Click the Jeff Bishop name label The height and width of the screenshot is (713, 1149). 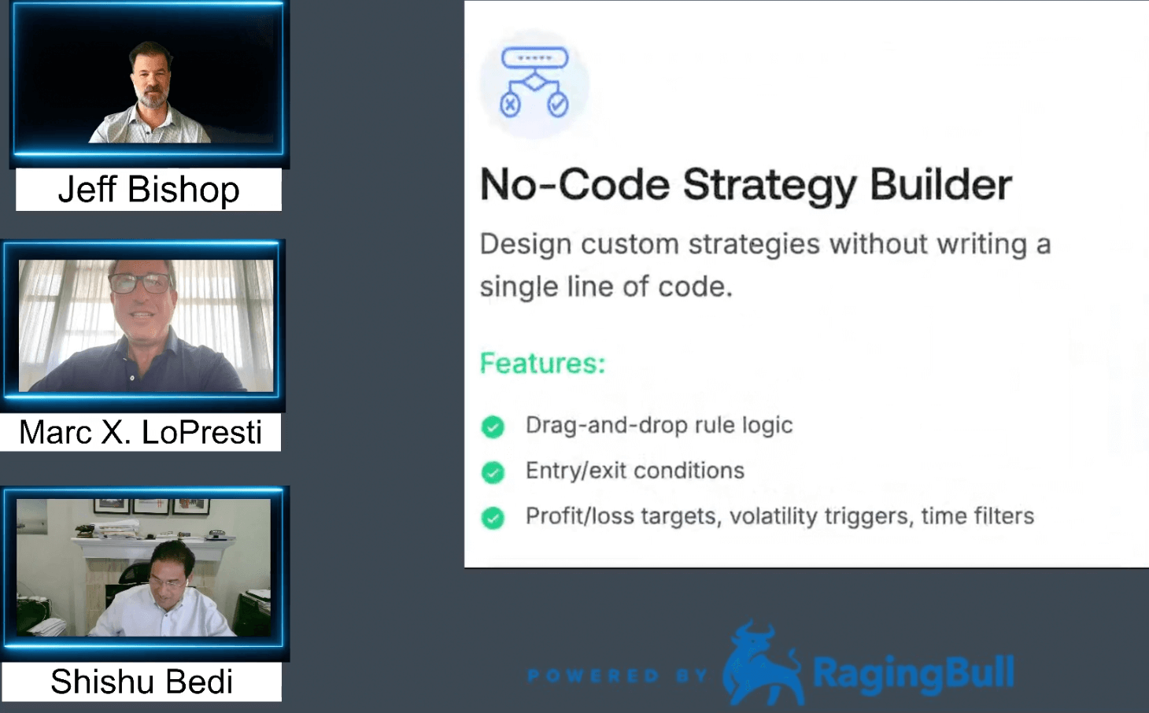pyautogui.click(x=149, y=190)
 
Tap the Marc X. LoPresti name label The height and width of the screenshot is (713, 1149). pyautogui.click(x=141, y=432)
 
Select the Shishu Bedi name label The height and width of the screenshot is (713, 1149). pyautogui.click(x=142, y=682)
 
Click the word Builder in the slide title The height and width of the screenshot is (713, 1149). pyautogui.click(x=940, y=185)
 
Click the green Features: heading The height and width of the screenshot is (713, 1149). pyautogui.click(x=543, y=363)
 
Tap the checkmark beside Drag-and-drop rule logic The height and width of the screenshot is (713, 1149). pyautogui.click(x=493, y=427)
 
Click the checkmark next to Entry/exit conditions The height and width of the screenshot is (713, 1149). pyautogui.click(x=493, y=472)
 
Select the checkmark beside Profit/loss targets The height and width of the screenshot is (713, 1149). pyautogui.click(x=493, y=518)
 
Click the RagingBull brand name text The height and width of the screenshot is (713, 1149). pyautogui.click(x=914, y=673)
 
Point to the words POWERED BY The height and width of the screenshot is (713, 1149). pyautogui.click(x=618, y=675)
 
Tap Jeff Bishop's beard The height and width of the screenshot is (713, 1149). pyautogui.click(x=150, y=98)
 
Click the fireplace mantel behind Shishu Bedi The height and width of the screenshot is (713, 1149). pyautogui.click(x=149, y=549)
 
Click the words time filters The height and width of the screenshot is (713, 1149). pyautogui.click(x=977, y=516)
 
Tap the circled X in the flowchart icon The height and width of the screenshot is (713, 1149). pyautogui.click(x=510, y=105)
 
